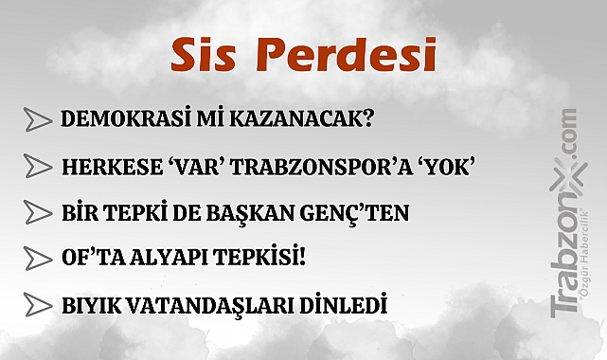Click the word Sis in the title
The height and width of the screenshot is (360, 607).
pos(202,55)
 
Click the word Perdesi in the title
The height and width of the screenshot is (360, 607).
pos(345,55)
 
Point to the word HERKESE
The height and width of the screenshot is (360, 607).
pos(101,167)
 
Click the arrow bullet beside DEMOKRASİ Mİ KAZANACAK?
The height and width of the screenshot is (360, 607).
pos(37,119)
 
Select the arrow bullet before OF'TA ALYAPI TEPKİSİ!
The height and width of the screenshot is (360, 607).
pos(37,258)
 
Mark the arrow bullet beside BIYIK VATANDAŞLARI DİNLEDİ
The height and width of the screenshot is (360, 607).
pos(37,306)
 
